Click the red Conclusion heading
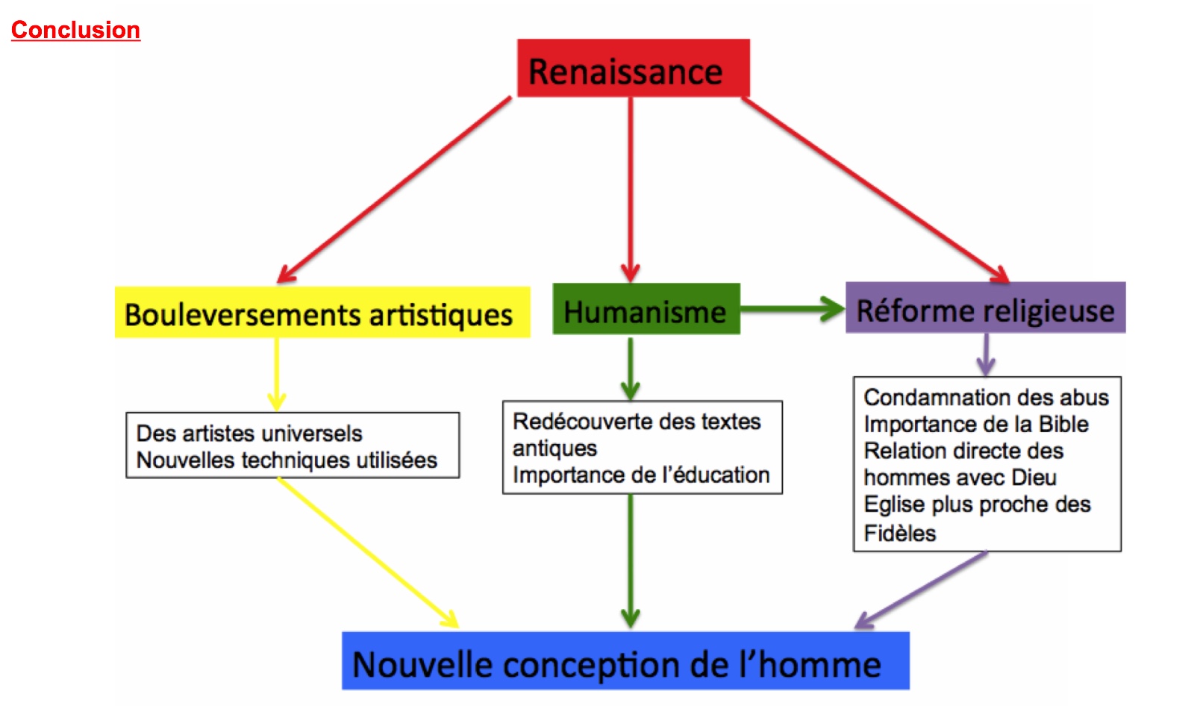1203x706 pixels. click(x=75, y=30)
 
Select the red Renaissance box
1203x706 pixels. click(x=634, y=68)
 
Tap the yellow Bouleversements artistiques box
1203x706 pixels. click(x=322, y=312)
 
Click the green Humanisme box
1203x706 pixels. click(x=646, y=309)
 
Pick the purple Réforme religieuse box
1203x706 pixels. click(x=986, y=307)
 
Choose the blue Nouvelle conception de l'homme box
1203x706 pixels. click(x=625, y=660)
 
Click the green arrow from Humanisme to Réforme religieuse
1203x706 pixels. click(x=793, y=309)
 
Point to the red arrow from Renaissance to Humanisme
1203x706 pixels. click(x=631, y=190)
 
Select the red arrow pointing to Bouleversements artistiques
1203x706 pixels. click(x=394, y=190)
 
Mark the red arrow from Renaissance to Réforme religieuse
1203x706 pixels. click(x=875, y=190)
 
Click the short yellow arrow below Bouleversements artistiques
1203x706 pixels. click(x=277, y=375)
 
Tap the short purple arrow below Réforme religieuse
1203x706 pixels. click(x=986, y=355)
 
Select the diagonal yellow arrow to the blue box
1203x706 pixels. click(x=369, y=552)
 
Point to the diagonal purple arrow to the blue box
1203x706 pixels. click(x=920, y=590)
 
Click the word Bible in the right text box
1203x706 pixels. click(x=1063, y=424)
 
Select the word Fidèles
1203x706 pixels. click(x=899, y=533)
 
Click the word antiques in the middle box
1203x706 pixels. click(x=554, y=449)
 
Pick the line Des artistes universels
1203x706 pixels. click(x=249, y=434)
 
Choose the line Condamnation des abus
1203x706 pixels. click(x=986, y=398)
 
